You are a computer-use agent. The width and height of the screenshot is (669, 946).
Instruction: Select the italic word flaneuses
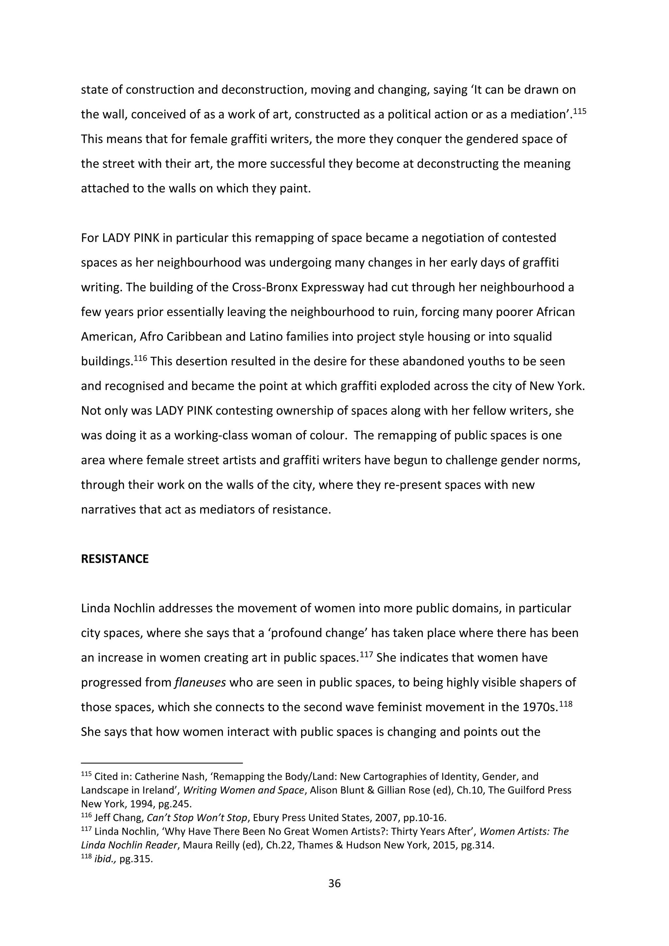[x=200, y=683]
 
